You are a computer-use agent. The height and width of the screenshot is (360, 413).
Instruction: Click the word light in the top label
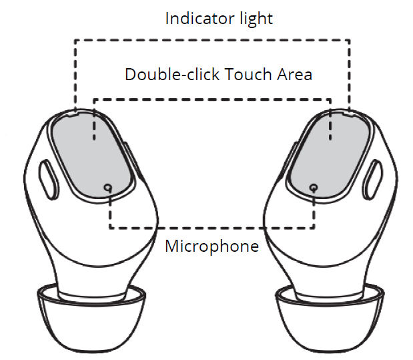(256, 19)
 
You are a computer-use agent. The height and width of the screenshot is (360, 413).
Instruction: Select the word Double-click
(172, 74)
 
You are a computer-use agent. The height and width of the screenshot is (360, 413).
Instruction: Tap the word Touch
(248, 74)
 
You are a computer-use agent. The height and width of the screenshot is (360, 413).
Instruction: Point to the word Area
(294, 74)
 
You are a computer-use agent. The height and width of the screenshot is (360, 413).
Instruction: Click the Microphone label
(212, 246)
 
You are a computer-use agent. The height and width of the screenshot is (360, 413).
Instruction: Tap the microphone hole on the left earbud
(107, 188)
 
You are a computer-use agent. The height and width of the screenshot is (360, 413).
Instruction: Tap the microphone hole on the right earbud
(314, 188)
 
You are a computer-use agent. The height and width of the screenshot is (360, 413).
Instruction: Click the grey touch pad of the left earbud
(91, 156)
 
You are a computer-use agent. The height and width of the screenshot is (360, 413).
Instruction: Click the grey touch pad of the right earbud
(329, 156)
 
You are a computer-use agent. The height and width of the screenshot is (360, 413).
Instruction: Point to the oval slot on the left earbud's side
(49, 180)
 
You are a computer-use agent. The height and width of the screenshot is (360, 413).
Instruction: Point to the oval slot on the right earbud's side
(372, 180)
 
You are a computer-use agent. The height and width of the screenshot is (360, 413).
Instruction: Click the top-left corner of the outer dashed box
(75, 40)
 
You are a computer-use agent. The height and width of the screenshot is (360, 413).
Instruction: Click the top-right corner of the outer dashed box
(349, 40)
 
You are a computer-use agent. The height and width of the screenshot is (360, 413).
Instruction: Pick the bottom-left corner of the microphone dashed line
(110, 227)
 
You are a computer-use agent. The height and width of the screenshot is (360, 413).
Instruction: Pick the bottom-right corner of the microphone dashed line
(314, 227)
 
